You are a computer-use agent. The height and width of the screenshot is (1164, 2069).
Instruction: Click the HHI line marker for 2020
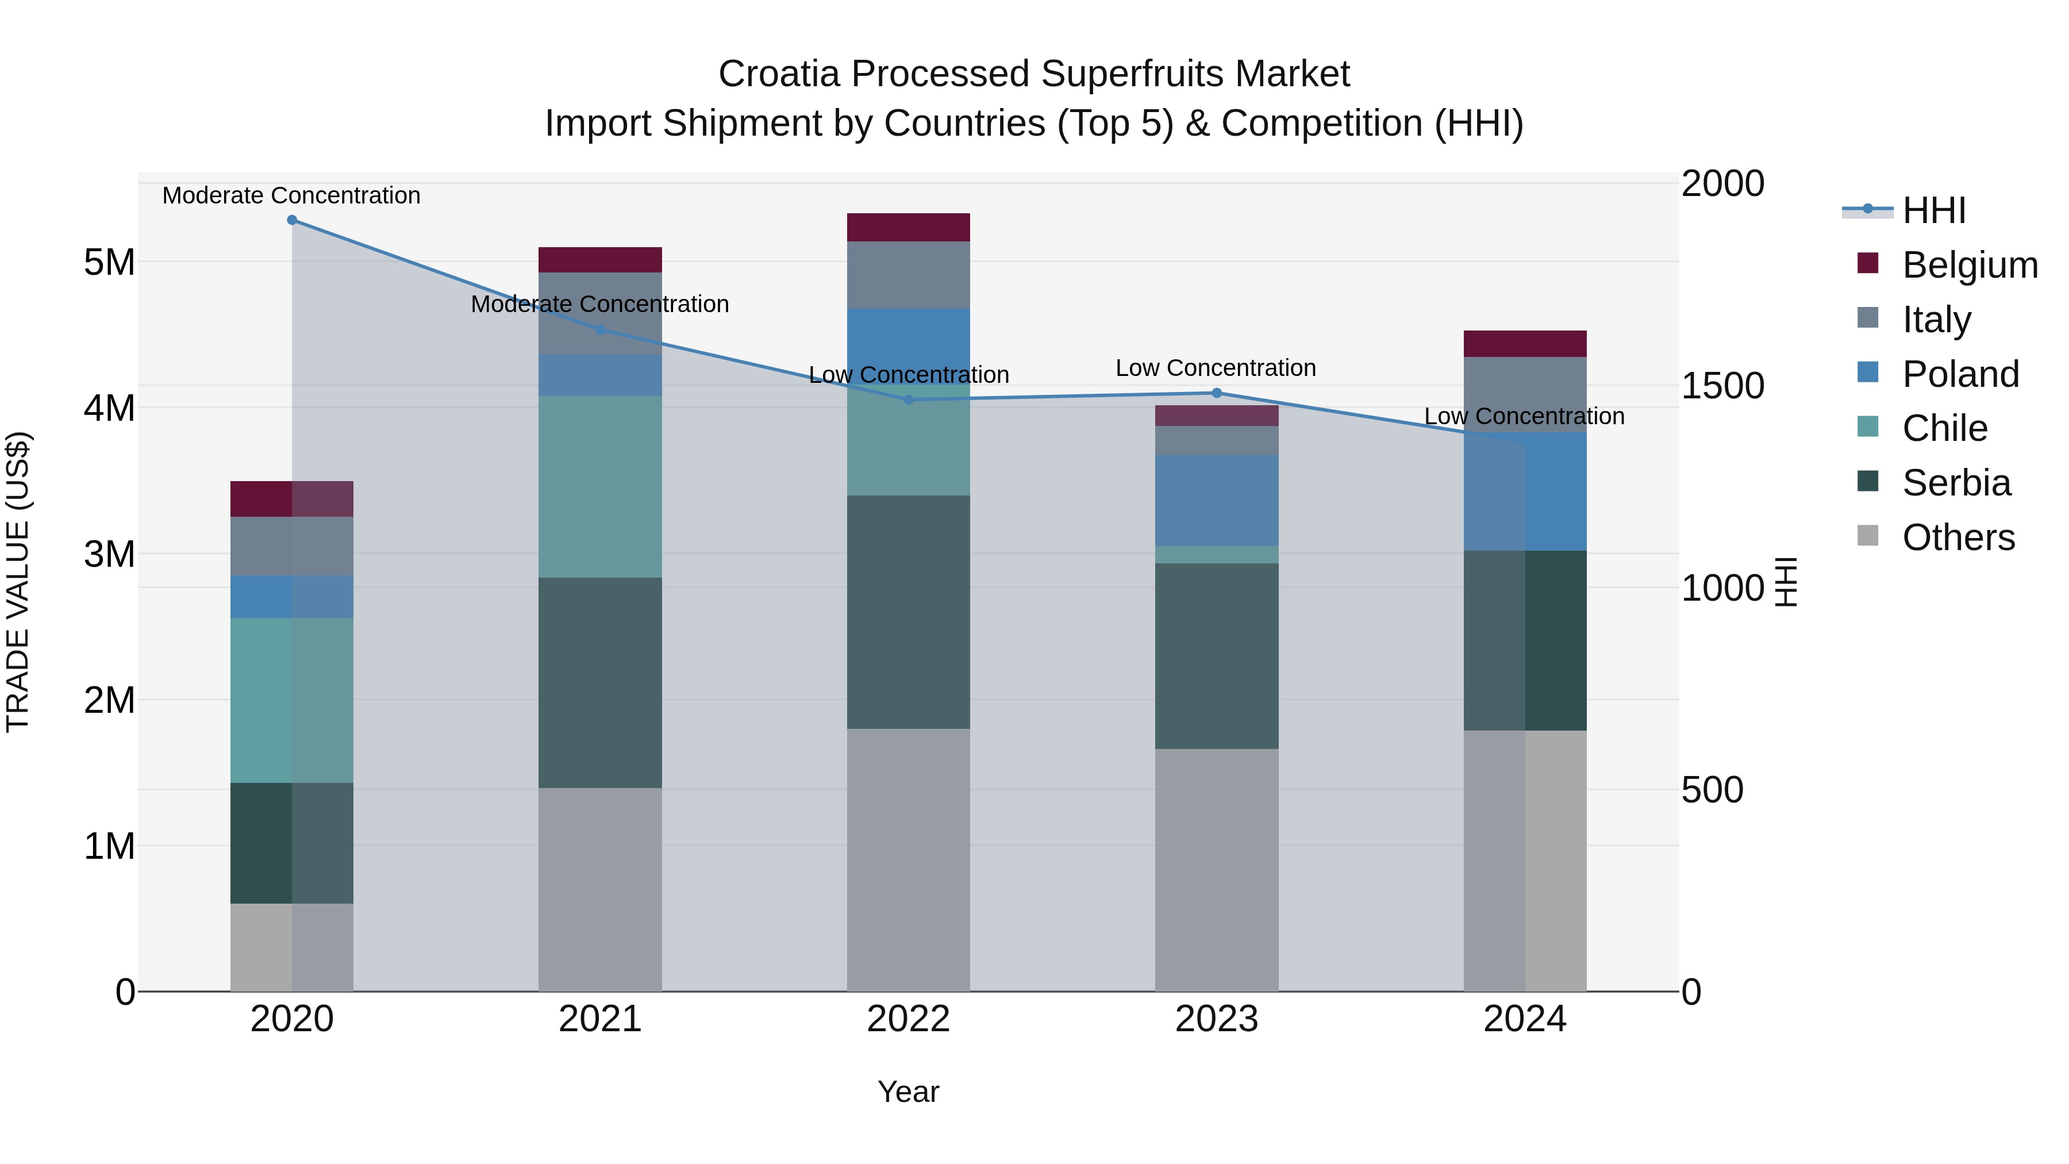tap(291, 220)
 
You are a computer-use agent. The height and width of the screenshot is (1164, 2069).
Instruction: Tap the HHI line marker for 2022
tap(909, 399)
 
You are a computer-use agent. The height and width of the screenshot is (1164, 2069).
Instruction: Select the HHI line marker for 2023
tap(1216, 393)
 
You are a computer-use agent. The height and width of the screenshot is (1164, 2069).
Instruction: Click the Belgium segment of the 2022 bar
tap(909, 227)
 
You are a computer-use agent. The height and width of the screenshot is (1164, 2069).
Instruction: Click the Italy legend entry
tap(1936, 320)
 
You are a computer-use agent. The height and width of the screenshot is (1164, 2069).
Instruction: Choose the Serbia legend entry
tap(1955, 483)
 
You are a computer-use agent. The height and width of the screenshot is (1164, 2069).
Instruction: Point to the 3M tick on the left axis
tap(109, 554)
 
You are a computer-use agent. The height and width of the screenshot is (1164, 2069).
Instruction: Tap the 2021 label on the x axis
tap(600, 1019)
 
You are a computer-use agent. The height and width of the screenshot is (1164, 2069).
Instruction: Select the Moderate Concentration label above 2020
tap(291, 195)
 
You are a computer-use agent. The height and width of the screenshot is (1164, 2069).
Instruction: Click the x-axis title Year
tap(909, 1092)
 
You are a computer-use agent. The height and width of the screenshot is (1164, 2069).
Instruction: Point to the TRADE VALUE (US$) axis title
tap(18, 582)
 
